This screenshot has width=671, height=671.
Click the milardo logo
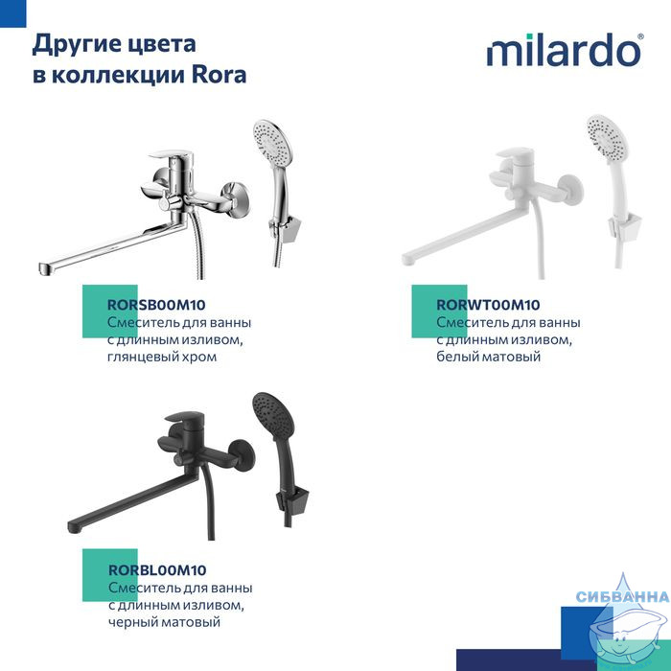(565, 50)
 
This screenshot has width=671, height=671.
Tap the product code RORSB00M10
(156, 305)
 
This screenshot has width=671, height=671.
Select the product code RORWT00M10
(488, 305)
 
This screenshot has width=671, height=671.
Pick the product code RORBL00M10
(157, 570)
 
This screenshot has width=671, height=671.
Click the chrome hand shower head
(272, 144)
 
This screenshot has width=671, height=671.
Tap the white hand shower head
(607, 138)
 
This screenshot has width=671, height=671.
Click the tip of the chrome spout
(45, 268)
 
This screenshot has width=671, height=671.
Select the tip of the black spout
(75, 527)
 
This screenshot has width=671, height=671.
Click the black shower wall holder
(292, 499)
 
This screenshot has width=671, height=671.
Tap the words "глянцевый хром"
(162, 357)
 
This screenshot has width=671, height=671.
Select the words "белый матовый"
(488, 356)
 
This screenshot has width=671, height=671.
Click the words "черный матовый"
(164, 621)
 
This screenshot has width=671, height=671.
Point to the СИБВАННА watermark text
(623, 596)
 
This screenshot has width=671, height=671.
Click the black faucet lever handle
(185, 417)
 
